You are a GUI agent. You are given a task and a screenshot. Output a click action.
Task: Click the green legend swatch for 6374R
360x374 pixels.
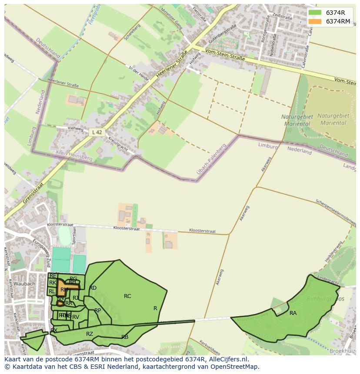(x=315, y=13)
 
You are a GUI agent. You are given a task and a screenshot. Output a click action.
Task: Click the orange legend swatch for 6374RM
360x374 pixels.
(x=315, y=21)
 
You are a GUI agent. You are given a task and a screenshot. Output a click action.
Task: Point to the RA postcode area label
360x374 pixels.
(x=293, y=313)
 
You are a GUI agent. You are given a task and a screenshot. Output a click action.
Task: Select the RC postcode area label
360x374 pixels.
(x=127, y=296)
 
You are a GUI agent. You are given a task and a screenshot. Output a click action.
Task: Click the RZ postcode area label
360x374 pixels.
(x=90, y=334)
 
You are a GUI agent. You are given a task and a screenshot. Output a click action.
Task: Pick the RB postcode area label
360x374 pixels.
(x=125, y=337)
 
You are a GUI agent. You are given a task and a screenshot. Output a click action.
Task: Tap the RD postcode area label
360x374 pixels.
(x=93, y=288)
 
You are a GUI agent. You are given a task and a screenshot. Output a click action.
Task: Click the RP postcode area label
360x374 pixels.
(x=97, y=311)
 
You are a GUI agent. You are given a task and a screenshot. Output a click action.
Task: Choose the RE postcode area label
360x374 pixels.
(x=53, y=276)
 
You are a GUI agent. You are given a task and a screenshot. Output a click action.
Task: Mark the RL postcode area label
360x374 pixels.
(x=52, y=291)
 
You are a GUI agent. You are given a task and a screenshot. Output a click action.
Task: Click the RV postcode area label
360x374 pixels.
(x=76, y=317)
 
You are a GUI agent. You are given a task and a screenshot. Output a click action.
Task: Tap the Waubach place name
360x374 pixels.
(x=24, y=284)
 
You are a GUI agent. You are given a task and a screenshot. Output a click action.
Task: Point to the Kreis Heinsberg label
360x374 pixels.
(x=74, y=155)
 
